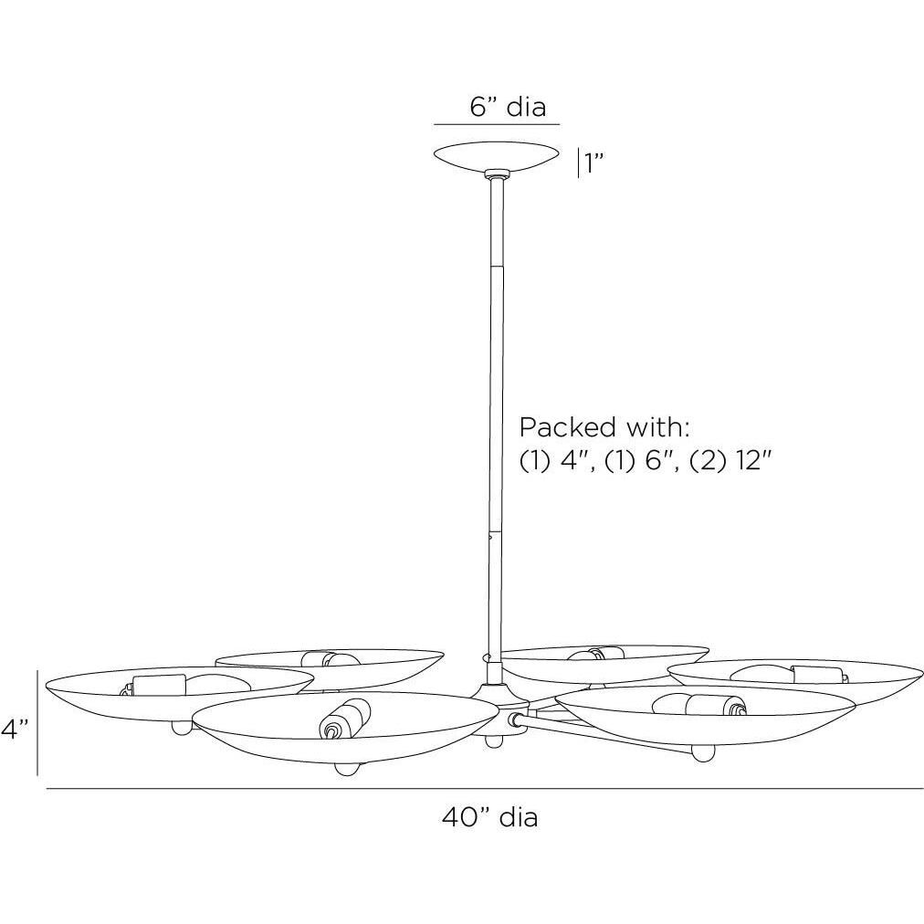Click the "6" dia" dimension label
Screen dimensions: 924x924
pos(508,107)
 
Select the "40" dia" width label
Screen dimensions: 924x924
pos(489,817)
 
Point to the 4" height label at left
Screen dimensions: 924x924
pos(15,730)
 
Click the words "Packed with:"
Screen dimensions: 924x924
pos(604,427)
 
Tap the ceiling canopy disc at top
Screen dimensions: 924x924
pos(497,156)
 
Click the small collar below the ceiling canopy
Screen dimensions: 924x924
pos(496,174)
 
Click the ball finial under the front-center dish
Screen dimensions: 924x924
pos(347,769)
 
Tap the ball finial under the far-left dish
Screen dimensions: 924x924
pos(182,727)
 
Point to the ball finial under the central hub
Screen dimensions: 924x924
pos(494,740)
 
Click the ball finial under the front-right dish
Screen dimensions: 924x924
pos(702,752)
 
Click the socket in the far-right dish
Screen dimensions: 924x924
pos(819,675)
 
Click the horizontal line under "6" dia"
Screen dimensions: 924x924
pos(497,125)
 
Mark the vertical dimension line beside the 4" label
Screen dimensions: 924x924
pos(37,722)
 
